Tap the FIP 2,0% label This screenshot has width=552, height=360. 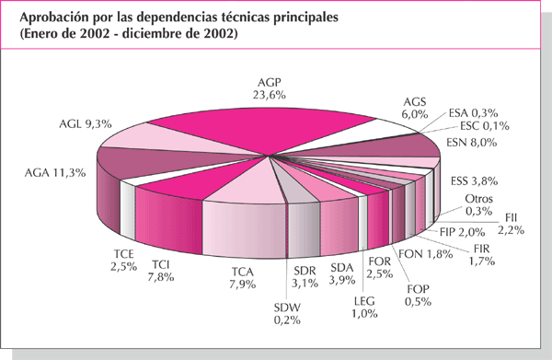tap(460, 232)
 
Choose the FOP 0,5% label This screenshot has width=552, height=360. tap(420, 296)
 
